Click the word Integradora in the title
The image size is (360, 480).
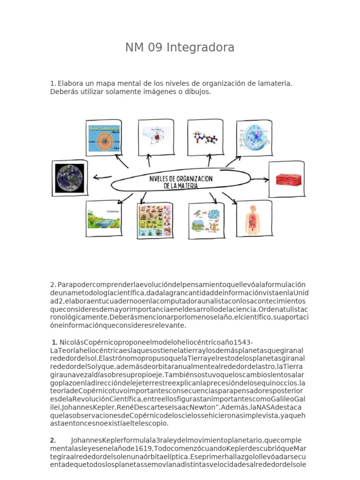click(x=200, y=48)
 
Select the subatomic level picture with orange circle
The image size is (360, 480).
click(x=104, y=138)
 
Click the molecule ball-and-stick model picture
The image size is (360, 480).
click(x=205, y=137)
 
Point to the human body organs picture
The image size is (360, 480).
click(x=253, y=219)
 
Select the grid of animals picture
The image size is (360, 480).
click(x=155, y=220)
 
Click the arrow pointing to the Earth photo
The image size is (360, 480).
click(x=102, y=178)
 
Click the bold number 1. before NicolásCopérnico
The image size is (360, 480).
click(x=55, y=342)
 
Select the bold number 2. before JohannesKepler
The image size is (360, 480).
click(x=53, y=441)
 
